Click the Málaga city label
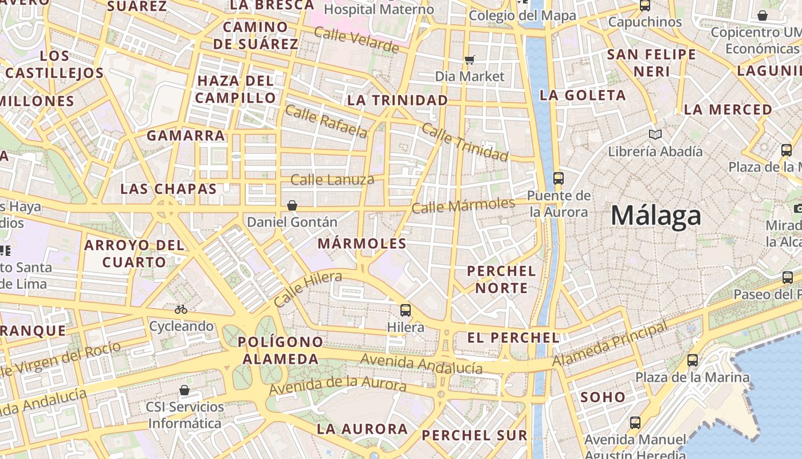click(x=656, y=216)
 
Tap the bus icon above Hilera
click(x=406, y=310)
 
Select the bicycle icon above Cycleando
click(x=181, y=309)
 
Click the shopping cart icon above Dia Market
click(x=470, y=60)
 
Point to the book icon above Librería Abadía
click(x=655, y=134)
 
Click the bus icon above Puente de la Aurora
click(x=559, y=178)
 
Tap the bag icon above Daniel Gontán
click(x=292, y=205)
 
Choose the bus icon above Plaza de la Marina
click(x=693, y=360)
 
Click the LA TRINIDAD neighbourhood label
click(x=398, y=100)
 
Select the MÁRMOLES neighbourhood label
click(x=362, y=243)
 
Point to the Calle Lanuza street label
click(x=332, y=180)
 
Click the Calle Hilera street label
click(x=308, y=289)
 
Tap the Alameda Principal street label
click(x=610, y=344)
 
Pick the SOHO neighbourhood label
click(x=603, y=397)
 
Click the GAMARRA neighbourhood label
click(x=186, y=136)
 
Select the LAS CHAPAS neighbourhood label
click(x=168, y=189)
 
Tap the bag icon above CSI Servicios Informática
click(x=184, y=391)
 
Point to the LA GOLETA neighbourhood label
click(x=583, y=95)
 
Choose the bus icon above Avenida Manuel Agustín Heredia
click(x=635, y=423)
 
